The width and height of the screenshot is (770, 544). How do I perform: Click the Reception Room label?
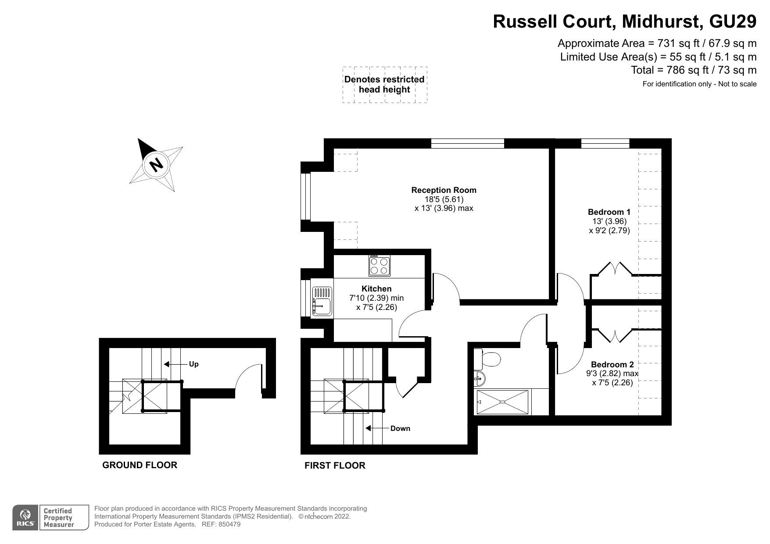(444, 190)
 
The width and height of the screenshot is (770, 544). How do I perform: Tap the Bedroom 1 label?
(609, 212)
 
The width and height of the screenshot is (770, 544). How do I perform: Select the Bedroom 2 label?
(612, 364)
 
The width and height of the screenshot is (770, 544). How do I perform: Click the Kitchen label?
(376, 288)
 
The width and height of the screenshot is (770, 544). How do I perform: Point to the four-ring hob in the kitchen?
(379, 266)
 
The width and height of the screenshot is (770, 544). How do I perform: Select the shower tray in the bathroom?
(503, 402)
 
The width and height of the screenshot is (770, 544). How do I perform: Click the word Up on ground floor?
(193, 364)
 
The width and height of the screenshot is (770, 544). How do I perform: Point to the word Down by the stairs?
(400, 428)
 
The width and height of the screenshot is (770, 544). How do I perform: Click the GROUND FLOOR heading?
(140, 465)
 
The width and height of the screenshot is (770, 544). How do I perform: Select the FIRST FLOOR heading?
(335, 466)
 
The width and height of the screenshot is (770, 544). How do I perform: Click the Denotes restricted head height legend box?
(384, 85)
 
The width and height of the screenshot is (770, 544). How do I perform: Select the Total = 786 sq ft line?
(693, 70)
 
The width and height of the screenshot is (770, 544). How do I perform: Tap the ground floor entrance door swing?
(248, 377)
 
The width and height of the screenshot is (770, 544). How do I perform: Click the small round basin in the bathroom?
(480, 377)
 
